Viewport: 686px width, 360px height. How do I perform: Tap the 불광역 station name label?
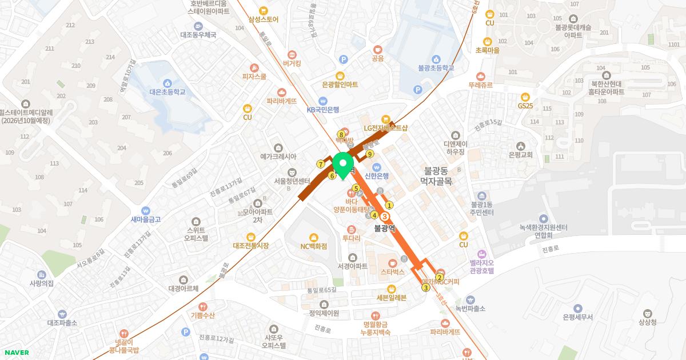385,227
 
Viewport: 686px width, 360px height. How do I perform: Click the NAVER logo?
16,353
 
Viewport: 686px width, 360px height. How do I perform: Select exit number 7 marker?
321,165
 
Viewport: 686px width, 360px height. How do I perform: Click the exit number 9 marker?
370,154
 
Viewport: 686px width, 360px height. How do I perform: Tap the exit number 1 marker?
389,205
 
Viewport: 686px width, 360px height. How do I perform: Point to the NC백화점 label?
314,246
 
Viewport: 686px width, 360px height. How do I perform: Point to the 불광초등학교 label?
436,67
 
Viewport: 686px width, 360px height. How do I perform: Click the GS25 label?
525,106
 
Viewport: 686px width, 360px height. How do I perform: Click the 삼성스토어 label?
263,19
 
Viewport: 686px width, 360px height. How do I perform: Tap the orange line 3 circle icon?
385,217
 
